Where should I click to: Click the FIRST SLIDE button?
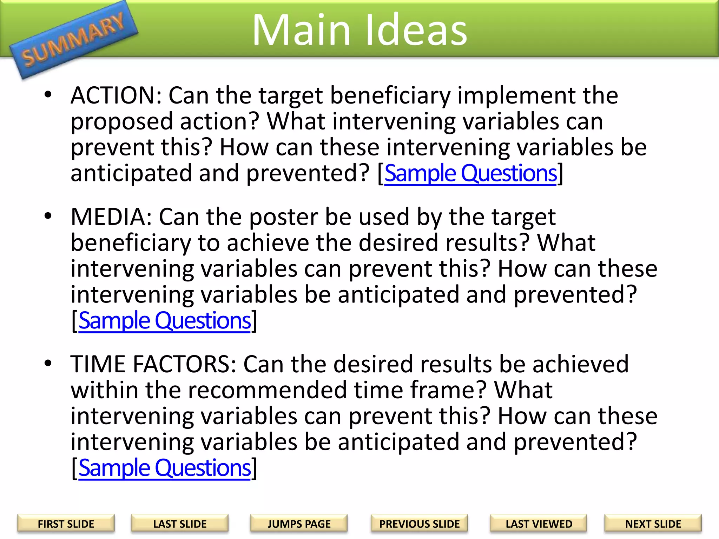(66, 524)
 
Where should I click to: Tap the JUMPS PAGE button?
(299, 524)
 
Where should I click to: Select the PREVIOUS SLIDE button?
(419, 524)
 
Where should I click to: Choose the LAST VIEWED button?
(539, 524)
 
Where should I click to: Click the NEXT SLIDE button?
(653, 524)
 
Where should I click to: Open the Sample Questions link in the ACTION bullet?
(470, 173)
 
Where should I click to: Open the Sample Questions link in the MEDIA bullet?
(165, 321)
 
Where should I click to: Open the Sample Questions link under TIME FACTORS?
(165, 468)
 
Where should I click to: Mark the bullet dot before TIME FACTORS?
(48, 363)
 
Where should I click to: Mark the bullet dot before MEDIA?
(48, 215)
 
